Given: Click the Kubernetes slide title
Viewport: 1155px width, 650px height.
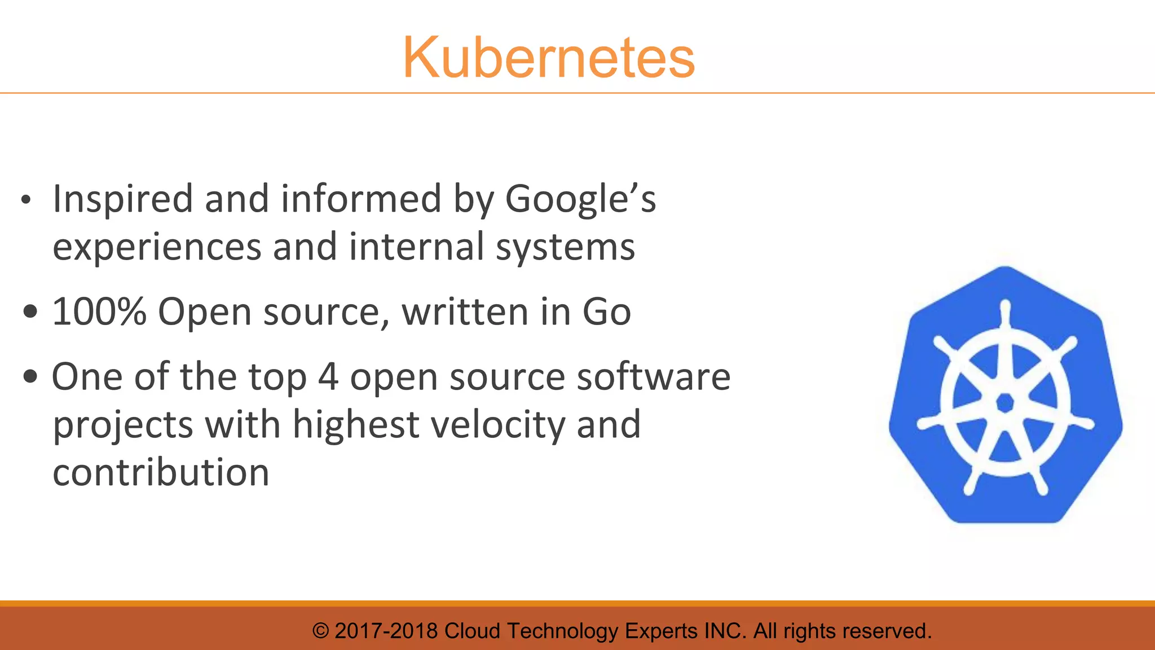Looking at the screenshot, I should (x=548, y=58).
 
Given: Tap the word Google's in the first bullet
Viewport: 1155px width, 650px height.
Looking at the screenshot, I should (x=580, y=200).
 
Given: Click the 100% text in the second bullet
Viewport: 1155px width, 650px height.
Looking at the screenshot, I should (x=99, y=311).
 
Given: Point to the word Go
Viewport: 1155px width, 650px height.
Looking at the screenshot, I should (x=606, y=311).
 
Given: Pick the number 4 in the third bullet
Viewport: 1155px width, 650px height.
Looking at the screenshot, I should (x=328, y=377).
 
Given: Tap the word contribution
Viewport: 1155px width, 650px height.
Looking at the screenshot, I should (x=161, y=472).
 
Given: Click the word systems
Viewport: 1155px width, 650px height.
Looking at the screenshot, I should (x=565, y=247).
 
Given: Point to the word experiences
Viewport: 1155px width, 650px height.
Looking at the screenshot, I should (x=157, y=247).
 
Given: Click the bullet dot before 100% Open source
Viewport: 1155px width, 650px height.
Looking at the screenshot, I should (x=31, y=311).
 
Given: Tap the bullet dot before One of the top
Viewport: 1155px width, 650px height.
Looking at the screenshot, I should (x=31, y=376).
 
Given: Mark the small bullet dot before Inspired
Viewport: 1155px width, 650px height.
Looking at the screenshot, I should (x=25, y=200).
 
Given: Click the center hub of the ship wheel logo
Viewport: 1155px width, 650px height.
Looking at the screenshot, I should (x=1005, y=403).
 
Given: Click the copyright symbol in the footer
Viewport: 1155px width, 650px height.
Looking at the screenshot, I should (x=320, y=631).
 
